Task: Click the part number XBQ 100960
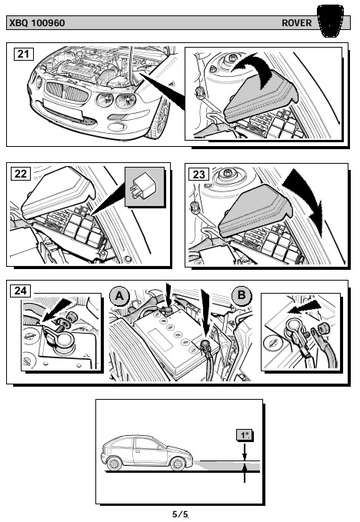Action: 37,23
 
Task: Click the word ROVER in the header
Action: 297,23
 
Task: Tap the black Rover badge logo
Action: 330,21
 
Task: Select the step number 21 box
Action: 23,54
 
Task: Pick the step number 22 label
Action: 21,174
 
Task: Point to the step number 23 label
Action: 198,174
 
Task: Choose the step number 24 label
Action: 20,291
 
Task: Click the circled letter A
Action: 119,295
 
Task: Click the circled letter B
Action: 242,295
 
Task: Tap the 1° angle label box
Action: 245,435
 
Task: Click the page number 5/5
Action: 180,514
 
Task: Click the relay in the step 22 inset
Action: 144,186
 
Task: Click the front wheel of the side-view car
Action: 178,464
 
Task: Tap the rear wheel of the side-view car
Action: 114,464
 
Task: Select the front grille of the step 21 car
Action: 67,91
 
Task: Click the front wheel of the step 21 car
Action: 160,118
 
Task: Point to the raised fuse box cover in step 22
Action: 57,192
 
